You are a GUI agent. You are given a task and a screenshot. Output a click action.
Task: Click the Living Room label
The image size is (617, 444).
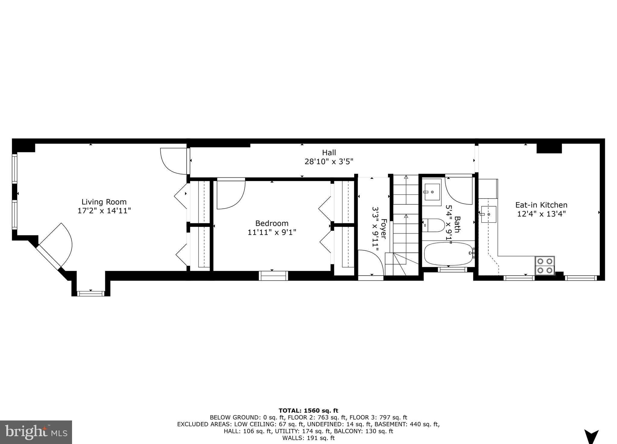point(104,202)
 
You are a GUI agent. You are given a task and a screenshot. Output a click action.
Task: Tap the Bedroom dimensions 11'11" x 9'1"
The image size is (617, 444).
point(272,232)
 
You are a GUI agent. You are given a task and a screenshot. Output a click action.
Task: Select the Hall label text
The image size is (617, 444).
point(329,152)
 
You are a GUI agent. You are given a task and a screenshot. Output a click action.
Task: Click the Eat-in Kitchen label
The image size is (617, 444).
point(541,205)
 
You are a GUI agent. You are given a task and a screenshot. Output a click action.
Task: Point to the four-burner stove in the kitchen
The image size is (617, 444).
point(545,266)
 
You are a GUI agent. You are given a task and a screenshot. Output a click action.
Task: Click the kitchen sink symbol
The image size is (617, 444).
point(489,214)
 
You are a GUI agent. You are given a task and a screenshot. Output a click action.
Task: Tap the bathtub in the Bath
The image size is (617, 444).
point(448,254)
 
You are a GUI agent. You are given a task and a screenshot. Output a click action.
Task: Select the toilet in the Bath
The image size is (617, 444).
point(433,225)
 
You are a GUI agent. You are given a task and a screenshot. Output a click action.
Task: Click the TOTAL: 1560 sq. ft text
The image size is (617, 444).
point(308,411)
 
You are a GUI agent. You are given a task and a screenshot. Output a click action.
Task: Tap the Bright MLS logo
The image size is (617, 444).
point(36,432)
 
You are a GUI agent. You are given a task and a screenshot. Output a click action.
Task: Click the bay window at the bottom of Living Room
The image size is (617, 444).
point(91,293)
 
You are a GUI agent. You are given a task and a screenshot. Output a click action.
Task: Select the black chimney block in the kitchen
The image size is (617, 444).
point(549,148)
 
